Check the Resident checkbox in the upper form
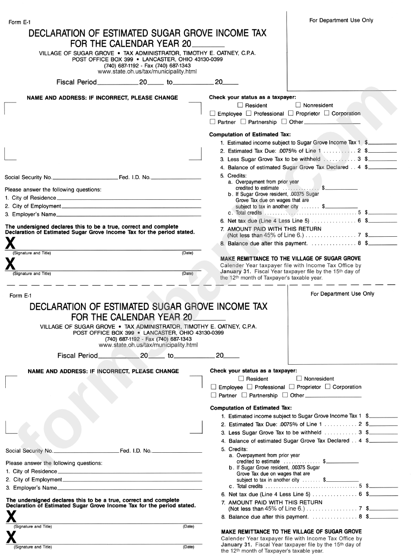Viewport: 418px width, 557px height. point(240,105)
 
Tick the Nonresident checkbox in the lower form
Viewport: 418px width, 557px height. point(299,378)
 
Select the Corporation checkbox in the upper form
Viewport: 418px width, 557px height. point(327,114)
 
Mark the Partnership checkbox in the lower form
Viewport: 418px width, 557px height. point(245,395)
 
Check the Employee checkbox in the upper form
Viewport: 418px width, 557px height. point(213,114)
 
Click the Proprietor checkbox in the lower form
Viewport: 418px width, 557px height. point(291,387)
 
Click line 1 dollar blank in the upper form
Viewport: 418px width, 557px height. point(383,143)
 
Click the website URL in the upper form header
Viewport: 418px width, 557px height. point(147,72)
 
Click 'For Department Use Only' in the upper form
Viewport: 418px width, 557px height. point(341,20)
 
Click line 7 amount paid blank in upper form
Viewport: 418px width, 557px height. point(383,235)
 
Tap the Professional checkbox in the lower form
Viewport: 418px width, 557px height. point(250,387)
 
